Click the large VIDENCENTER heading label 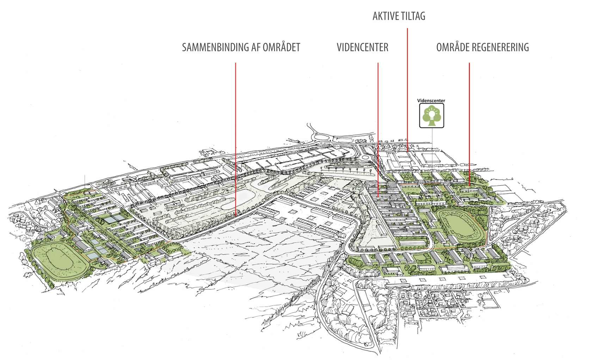coord(362,47)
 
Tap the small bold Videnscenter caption coord(431,100)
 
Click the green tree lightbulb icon coord(431,116)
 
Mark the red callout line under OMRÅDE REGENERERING coord(469,123)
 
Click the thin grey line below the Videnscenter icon coord(432,144)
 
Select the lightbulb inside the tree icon coord(431,113)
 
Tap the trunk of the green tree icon coord(431,123)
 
